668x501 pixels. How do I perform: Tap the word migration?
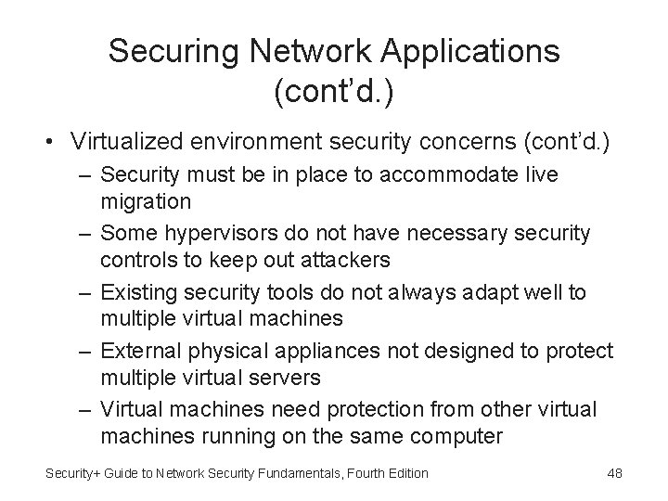pos(146,200)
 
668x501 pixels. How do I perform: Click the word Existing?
pos(136,293)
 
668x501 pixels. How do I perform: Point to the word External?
pos(139,352)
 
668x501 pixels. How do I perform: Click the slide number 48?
pos(614,473)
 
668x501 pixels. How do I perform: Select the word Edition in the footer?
pos(407,473)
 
